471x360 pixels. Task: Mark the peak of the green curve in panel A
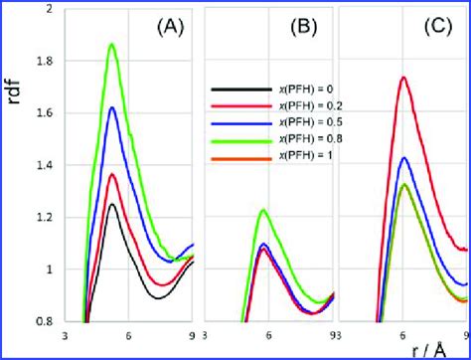(111, 44)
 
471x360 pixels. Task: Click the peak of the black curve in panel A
(113, 204)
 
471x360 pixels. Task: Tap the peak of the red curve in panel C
(402, 77)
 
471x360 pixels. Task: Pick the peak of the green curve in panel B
(262, 210)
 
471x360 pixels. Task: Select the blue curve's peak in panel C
(403, 157)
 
